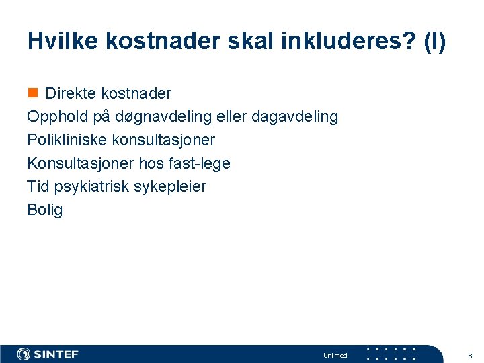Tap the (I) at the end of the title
point(430,41)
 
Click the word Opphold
point(57,117)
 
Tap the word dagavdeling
point(294,117)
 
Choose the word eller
point(232,116)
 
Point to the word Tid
point(38,186)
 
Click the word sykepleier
point(170,186)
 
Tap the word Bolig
point(44,210)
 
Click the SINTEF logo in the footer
point(48,354)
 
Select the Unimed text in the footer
point(335,356)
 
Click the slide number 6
point(470,356)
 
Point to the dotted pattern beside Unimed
point(391,354)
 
